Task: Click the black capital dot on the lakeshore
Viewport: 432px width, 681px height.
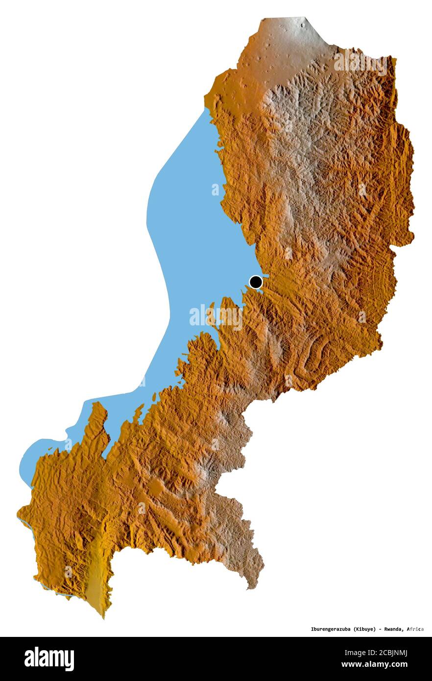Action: coord(256,282)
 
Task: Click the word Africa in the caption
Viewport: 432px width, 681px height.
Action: coord(415,629)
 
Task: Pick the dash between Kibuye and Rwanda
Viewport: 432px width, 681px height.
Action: coord(381,629)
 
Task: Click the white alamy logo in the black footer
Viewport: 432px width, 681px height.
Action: coord(49,659)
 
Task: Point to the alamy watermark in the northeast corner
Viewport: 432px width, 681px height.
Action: coord(360,62)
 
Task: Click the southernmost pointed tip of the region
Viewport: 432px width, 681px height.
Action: coord(103,616)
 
